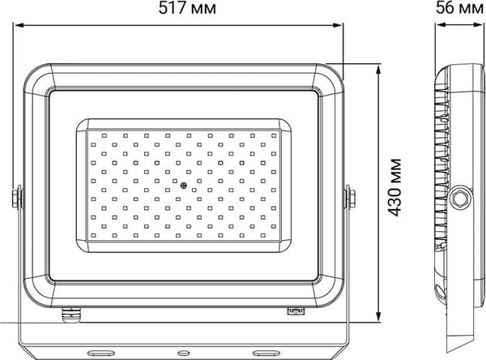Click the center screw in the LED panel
[x=185, y=186]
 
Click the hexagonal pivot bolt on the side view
[x=462, y=197]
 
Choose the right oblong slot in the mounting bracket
[x=266, y=353]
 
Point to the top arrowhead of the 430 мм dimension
[x=379, y=66]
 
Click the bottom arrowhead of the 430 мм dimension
[x=379, y=318]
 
